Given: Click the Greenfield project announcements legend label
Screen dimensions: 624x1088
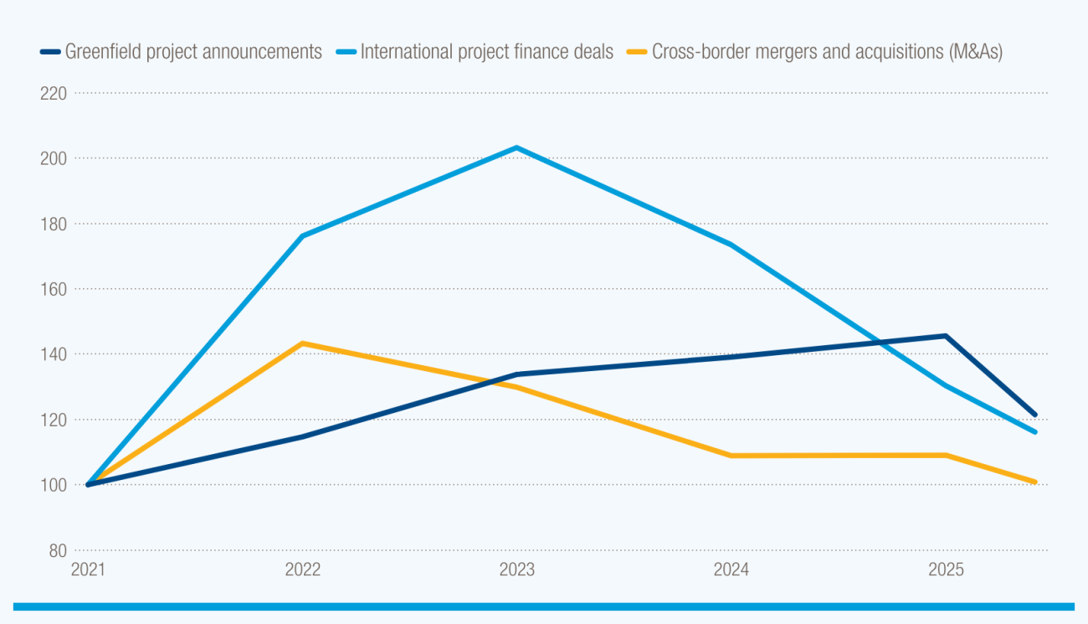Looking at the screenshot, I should click(193, 52).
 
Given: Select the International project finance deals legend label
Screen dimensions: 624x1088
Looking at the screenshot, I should click(486, 52).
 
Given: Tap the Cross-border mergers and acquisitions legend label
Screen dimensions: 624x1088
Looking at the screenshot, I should click(827, 52).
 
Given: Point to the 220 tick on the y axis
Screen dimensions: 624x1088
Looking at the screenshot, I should click(54, 93).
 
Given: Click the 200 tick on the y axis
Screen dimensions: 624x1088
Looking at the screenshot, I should click(54, 158).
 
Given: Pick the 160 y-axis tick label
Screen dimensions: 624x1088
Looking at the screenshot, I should click(54, 289).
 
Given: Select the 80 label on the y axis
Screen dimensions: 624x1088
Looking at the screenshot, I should click(58, 550).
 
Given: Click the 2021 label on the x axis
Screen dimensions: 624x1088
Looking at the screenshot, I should click(88, 570).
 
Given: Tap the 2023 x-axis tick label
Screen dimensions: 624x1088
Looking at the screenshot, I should click(516, 570).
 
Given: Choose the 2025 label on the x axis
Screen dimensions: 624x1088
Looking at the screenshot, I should click(945, 570).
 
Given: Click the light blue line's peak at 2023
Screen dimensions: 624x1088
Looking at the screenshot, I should click(516, 148).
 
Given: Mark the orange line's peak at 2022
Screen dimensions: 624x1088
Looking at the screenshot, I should click(302, 343).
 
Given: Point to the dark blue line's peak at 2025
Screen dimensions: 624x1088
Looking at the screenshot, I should click(945, 336).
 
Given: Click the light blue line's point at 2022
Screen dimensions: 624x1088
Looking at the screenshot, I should click(302, 236).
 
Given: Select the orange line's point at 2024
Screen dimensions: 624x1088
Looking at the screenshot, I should click(731, 456).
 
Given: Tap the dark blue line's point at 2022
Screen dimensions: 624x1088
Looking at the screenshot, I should click(302, 436).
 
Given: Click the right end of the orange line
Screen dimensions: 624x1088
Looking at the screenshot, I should click(1035, 482).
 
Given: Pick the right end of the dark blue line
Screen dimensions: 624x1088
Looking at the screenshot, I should click(1035, 415).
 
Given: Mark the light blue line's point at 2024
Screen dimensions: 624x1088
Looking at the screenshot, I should click(731, 245).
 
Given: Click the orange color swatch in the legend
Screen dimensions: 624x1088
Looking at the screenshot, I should click(637, 52).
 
